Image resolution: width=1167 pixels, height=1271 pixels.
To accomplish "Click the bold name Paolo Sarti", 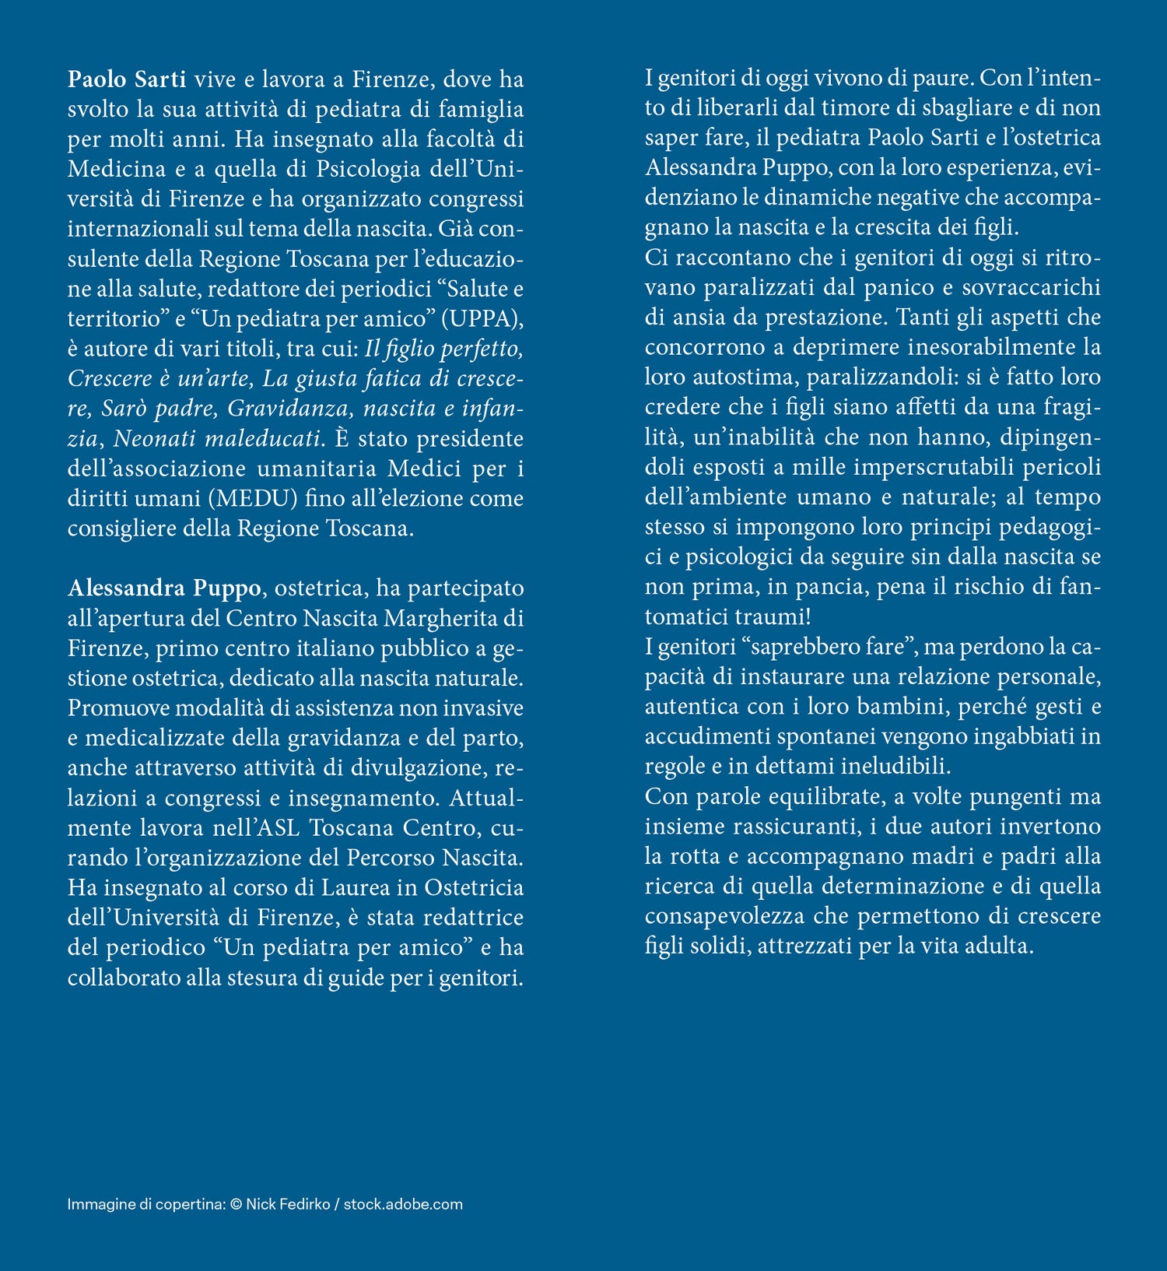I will pos(127,79).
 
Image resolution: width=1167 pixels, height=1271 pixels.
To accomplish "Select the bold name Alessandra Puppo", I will pos(164,588).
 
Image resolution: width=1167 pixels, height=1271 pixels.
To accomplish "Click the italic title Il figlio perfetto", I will pos(443,349).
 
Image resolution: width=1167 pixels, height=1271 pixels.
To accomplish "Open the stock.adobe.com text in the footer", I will pos(403,1205).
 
